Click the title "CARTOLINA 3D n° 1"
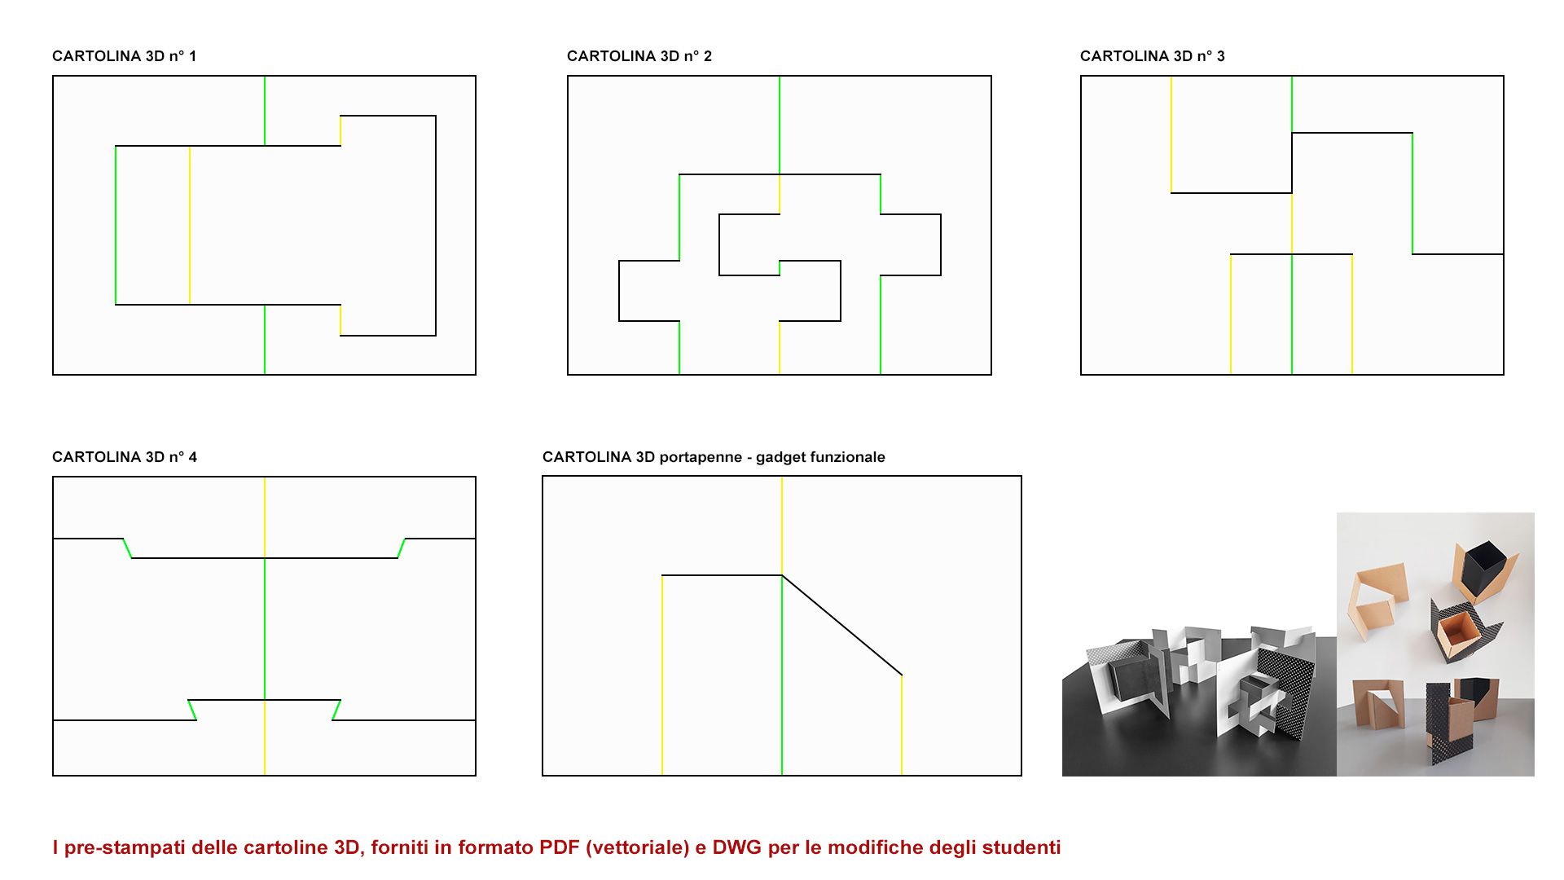[124, 56]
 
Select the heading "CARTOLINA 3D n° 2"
[639, 56]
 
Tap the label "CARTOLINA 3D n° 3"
[1153, 56]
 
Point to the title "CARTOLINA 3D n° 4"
[125, 457]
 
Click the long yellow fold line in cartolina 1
[190, 226]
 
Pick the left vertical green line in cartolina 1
[116, 226]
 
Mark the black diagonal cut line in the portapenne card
[841, 625]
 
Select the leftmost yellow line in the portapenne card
[662, 675]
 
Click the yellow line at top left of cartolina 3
[1171, 134]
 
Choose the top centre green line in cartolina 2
[780, 125]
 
